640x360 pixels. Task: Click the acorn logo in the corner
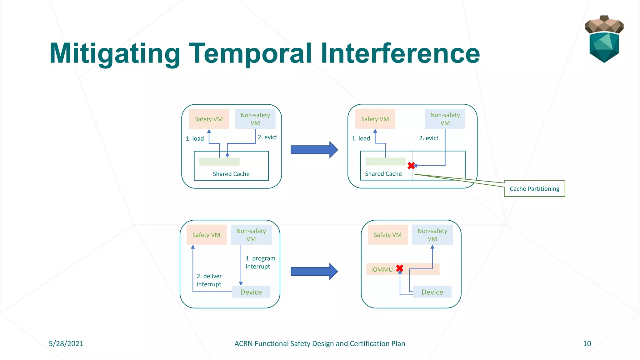604,39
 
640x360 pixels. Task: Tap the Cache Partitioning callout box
534,188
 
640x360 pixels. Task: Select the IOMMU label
382,269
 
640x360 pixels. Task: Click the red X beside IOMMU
399,268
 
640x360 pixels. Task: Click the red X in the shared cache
411,166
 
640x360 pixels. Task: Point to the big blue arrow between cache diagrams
314,150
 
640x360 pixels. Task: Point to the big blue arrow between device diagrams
314,271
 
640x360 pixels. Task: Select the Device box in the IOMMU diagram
432,292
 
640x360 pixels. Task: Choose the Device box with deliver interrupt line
251,292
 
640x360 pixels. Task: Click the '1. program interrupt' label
260,262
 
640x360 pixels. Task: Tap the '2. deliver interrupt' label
209,280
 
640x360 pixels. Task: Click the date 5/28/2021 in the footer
66,343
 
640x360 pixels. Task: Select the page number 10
587,343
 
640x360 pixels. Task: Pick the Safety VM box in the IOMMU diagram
387,235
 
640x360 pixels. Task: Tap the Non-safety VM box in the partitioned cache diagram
445,119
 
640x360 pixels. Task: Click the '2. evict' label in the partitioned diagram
428,138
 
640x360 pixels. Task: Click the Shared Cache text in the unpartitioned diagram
231,174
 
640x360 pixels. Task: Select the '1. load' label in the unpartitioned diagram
195,138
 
